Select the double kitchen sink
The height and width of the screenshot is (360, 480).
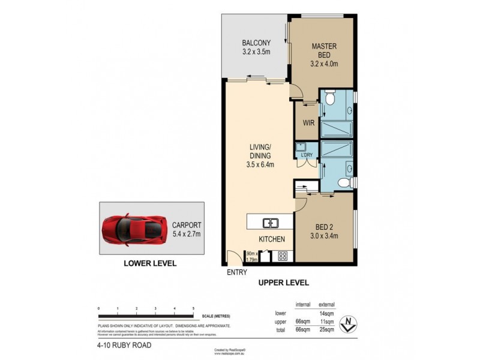pos(271,224)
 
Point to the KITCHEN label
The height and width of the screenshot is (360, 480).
pos(271,240)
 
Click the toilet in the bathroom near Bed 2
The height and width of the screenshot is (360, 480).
pos(341,182)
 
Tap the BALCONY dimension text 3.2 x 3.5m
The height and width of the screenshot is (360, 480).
pos(256,52)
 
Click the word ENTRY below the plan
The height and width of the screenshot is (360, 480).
pos(237,273)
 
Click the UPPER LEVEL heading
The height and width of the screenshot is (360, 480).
pos(283,282)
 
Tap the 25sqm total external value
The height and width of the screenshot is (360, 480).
pos(326,329)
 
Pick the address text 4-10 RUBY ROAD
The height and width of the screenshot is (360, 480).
pos(122,345)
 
